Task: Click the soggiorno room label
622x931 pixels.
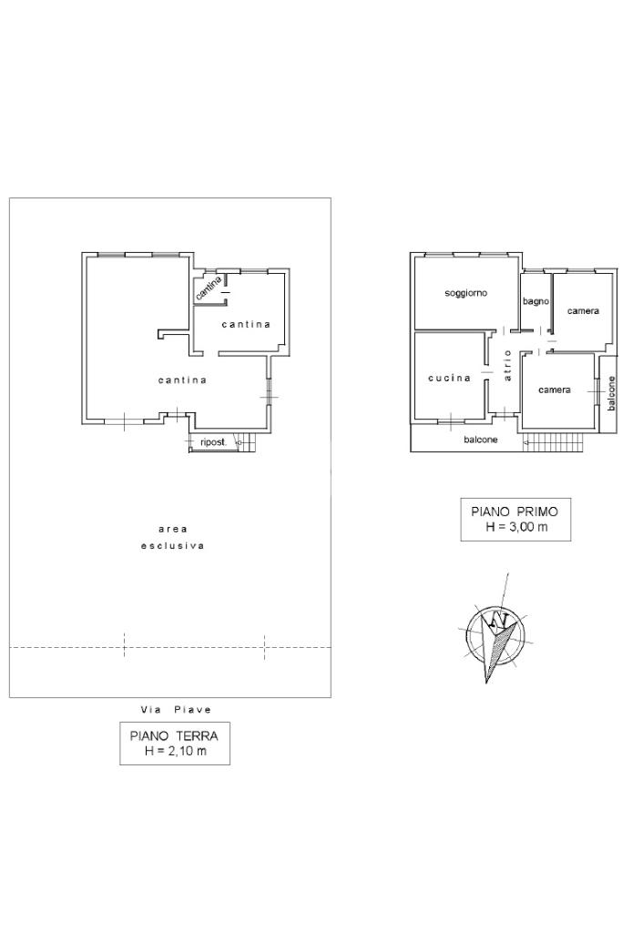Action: click(466, 293)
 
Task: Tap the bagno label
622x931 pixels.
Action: click(535, 301)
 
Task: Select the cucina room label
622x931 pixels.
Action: click(449, 378)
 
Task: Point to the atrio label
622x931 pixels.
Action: click(507, 365)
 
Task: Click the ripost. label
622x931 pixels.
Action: click(213, 442)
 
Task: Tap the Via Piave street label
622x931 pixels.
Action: click(176, 710)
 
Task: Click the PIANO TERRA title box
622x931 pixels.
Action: click(175, 743)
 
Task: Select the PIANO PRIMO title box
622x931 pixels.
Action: click(515, 520)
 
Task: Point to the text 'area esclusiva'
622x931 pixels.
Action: click(172, 537)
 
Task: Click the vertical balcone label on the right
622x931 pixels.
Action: click(611, 393)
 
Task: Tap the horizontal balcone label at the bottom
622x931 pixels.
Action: click(481, 440)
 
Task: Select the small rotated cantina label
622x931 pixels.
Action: click(209, 288)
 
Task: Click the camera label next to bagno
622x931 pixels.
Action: click(583, 311)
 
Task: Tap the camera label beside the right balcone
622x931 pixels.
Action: click(555, 390)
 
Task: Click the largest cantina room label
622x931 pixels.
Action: click(182, 380)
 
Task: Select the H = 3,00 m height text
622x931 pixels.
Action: click(516, 527)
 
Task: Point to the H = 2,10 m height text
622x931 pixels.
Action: click(175, 751)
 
